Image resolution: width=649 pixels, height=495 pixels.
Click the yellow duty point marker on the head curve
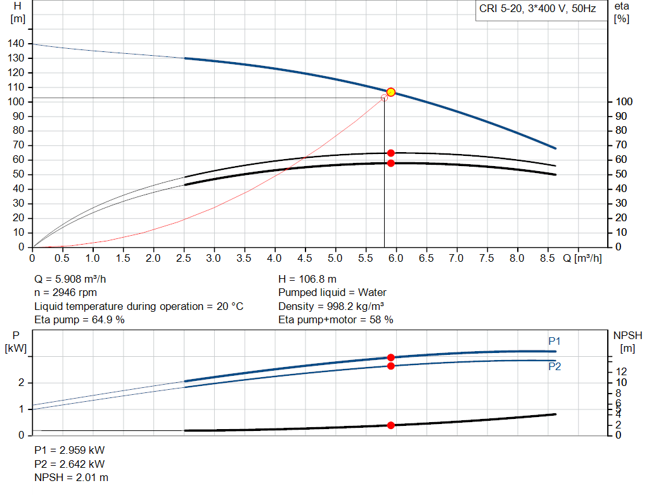391,92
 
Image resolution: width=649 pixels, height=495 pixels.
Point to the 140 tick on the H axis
17,44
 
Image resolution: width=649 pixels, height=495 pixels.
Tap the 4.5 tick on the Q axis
305,259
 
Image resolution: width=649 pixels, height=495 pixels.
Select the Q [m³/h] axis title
583,259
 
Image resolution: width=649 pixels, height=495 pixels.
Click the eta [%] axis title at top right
621,12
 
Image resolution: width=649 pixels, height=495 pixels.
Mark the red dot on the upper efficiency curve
391,153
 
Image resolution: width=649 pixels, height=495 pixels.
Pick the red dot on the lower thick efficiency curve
391,163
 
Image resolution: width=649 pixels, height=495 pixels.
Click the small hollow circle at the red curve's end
384,98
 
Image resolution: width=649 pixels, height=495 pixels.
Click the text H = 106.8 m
307,279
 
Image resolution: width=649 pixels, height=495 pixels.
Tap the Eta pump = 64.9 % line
79,319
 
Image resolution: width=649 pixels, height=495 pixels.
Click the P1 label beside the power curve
555,342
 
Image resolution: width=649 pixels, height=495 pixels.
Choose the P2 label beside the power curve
555,366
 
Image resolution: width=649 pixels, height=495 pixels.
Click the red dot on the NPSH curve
391,425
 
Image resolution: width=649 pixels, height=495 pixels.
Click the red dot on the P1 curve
391,357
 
